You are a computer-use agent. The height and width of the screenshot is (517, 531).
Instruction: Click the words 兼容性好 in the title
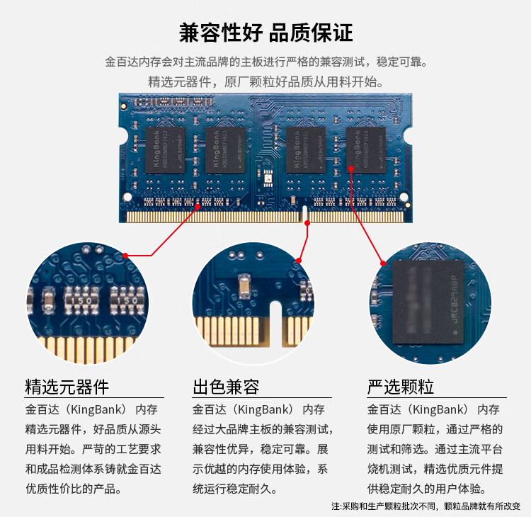[219, 33]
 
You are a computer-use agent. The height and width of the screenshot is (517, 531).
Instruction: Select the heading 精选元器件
[67, 387]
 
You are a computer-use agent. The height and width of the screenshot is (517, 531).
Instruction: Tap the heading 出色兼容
[226, 387]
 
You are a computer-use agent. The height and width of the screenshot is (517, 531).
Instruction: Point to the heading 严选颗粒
[401, 387]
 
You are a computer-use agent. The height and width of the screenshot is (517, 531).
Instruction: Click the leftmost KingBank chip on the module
[165, 150]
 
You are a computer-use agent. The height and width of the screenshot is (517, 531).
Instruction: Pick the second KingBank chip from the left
[225, 150]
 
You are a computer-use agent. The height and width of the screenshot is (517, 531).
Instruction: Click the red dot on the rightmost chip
[351, 168]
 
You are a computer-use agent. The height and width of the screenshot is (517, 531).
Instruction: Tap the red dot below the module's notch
[307, 223]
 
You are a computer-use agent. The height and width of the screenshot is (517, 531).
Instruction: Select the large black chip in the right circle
[428, 301]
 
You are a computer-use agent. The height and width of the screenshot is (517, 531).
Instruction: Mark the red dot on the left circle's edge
[125, 255]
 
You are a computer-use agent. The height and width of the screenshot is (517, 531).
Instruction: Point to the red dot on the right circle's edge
[383, 263]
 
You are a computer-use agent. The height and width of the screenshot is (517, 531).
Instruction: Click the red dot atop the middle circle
[299, 261]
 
